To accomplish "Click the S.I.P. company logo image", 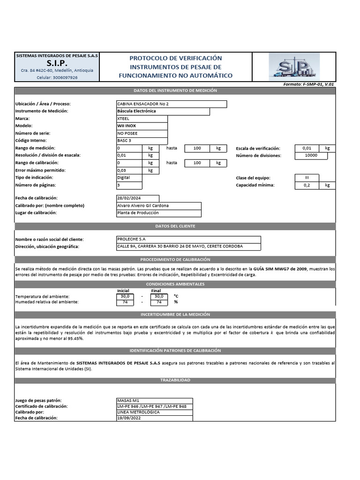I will coord(294,66).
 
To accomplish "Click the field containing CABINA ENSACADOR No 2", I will coord(171,104).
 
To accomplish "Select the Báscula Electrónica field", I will coord(163,111).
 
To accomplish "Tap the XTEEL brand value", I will coord(142,119).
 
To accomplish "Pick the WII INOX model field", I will coord(142,126).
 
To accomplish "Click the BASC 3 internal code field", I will coord(142,141).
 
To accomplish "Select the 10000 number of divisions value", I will coord(311,155).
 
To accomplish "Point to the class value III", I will coord(307,178).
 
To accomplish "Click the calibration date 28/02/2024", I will coord(137,198).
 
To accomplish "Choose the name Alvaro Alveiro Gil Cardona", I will coord(158,206).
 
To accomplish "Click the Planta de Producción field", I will coord(158,213).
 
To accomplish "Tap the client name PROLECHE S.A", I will coord(188,240).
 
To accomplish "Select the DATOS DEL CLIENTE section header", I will coord(175,226).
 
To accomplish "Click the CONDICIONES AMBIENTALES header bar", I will coord(175,284).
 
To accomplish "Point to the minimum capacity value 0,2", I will coord(307,185).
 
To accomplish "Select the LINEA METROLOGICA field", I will coord(154,412).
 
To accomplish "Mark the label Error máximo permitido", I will coord(41,170).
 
